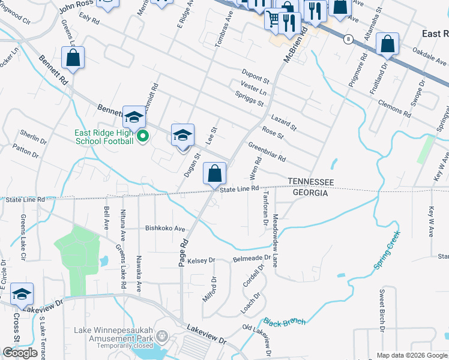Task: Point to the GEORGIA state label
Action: point(310,193)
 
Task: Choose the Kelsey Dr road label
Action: point(201,260)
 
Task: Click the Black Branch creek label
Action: point(285,322)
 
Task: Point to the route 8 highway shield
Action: point(348,39)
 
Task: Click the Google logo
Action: point(20,353)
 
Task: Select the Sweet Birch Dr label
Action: point(382,311)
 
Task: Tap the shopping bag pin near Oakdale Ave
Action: point(388,44)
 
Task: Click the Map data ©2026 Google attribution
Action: point(412,355)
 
